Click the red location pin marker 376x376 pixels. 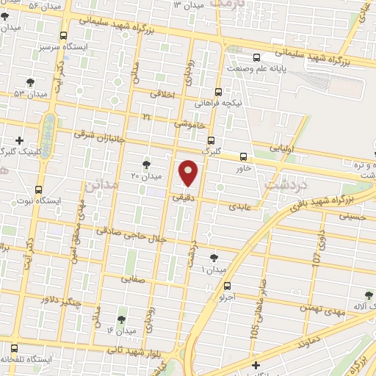(189, 173)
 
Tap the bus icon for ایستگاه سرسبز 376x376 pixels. (63, 35)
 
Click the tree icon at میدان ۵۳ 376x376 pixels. (30, 82)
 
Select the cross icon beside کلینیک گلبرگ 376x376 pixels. (20, 140)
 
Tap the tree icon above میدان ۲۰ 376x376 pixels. (146, 164)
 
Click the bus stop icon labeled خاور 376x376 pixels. (243, 156)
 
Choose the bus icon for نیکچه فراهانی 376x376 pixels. (218, 93)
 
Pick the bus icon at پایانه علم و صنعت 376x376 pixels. (255, 57)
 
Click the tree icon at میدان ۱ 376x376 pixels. (214, 258)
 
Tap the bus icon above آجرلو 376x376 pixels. (227, 286)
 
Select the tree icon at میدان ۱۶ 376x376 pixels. (120, 319)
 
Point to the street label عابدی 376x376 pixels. (239, 206)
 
